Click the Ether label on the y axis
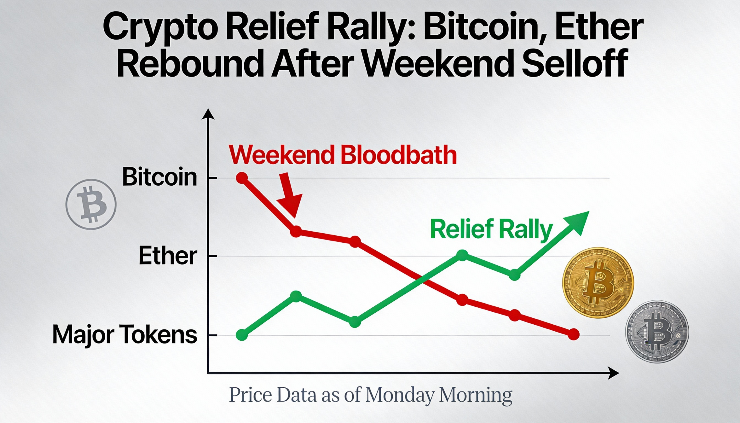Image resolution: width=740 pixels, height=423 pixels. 168,256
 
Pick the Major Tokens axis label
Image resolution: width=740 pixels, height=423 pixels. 125,335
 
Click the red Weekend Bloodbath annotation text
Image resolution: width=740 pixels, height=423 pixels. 343,155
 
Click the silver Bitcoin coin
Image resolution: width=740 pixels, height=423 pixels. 657,331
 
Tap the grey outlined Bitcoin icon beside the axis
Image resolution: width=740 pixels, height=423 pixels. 91,204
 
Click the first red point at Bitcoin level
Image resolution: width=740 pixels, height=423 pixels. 242,178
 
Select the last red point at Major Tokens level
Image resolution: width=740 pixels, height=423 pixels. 573,335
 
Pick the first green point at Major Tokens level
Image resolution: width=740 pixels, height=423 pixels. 242,335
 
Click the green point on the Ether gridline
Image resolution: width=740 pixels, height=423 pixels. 462,255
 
